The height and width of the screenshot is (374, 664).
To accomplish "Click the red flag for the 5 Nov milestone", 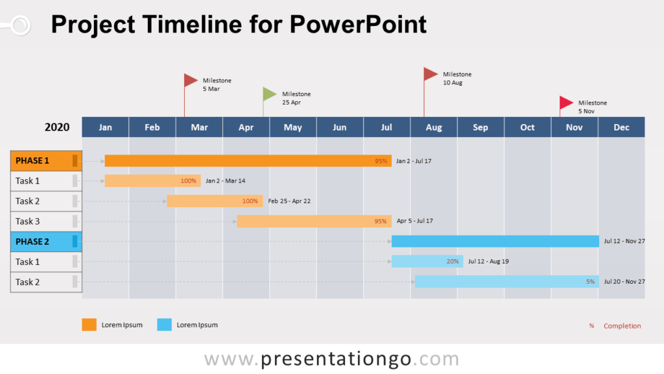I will (x=566, y=103).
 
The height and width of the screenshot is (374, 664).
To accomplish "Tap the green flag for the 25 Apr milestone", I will (x=269, y=94).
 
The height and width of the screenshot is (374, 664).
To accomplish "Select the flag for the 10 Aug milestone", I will (x=431, y=74).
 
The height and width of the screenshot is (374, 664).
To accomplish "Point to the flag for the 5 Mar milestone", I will (x=190, y=80).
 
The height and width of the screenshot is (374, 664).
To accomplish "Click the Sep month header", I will (x=480, y=127).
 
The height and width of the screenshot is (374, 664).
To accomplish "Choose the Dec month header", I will (x=621, y=127).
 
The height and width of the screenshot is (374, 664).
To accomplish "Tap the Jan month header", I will (x=105, y=127).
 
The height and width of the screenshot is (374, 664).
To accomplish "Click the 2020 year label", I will (x=57, y=127).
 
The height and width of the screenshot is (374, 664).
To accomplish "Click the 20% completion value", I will (x=453, y=262).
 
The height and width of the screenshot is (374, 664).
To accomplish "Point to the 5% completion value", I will (x=590, y=282).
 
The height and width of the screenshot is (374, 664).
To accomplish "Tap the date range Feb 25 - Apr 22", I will (x=289, y=201).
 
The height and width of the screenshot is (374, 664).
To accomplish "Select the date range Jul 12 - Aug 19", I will (x=488, y=262).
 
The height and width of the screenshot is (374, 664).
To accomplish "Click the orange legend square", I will (x=89, y=325).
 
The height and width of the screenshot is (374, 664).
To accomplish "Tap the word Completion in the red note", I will (x=622, y=326).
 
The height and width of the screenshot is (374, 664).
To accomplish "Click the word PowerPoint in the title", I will (x=358, y=25).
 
